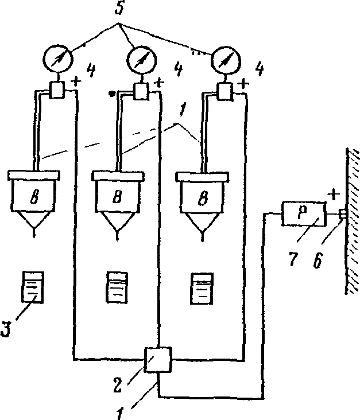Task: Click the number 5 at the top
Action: coord(119,8)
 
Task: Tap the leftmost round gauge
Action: coord(58,59)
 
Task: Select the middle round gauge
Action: coord(142,61)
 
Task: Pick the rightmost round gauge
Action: coord(226,61)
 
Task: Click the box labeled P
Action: coord(304,214)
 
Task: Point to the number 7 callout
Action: coord(293,258)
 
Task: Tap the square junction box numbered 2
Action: coord(158,359)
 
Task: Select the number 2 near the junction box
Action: coord(118,385)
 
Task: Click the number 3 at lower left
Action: coord(6,328)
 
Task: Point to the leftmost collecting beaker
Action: coord(32,287)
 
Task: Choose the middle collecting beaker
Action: coord(117,287)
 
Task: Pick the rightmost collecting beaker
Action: coord(202,289)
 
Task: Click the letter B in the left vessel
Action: coord(34,197)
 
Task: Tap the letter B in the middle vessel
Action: coord(117,198)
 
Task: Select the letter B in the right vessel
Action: coord(203,199)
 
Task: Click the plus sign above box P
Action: coord(334,194)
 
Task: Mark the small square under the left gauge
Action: coord(57,90)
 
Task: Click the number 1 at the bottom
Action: coord(120,413)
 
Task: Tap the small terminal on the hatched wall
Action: coord(343,214)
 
